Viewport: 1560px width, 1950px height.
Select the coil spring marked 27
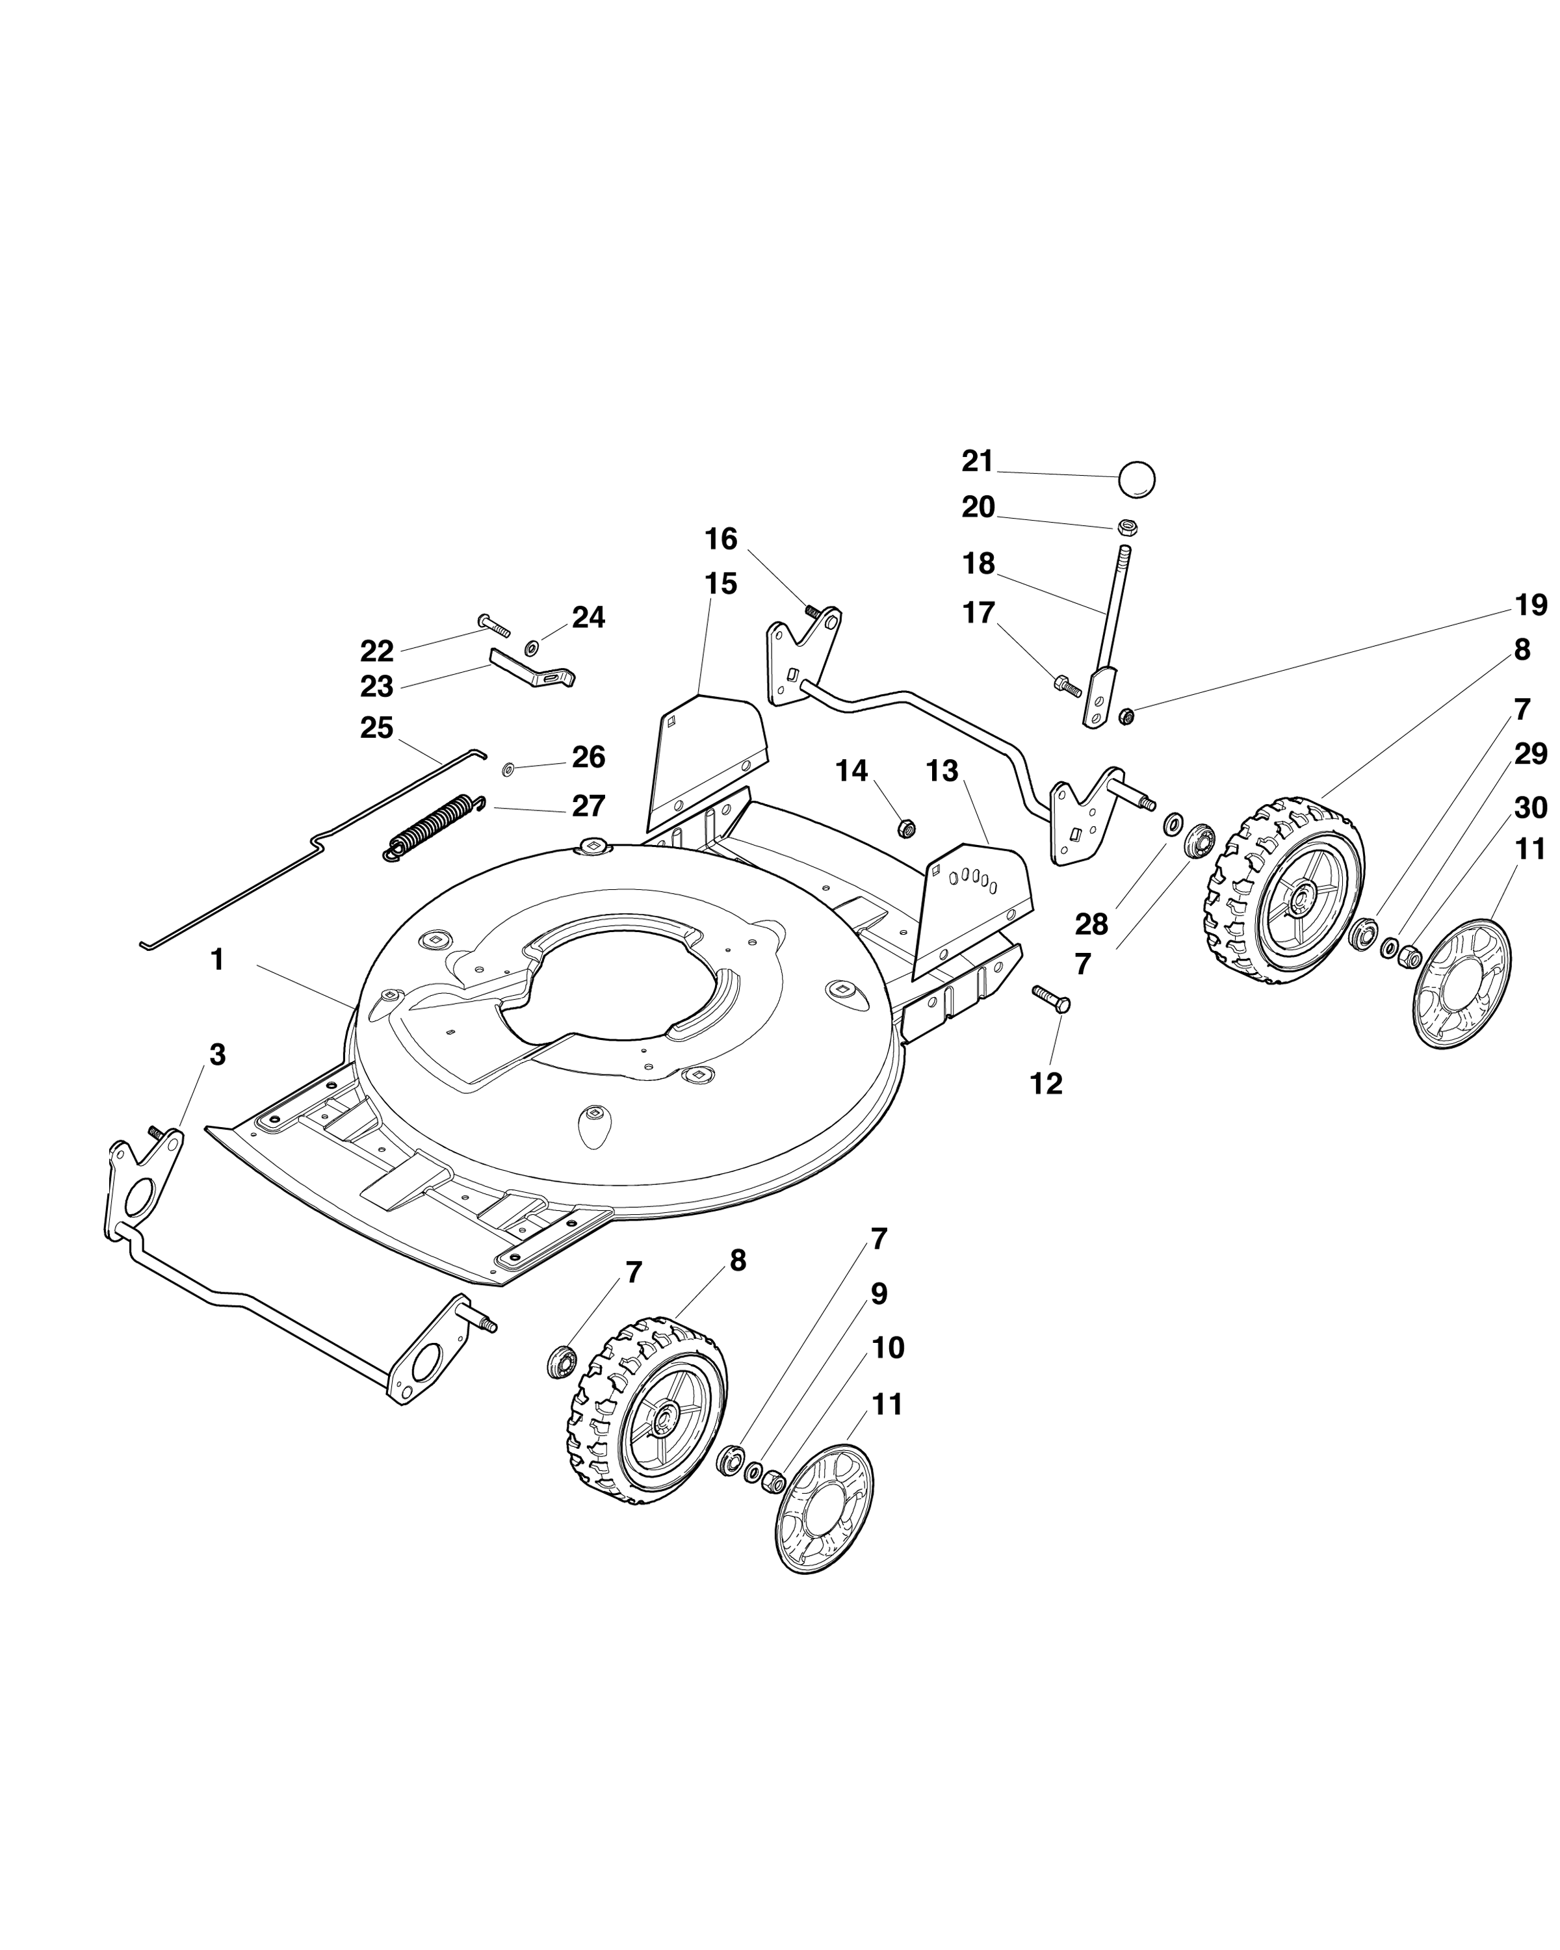[434, 827]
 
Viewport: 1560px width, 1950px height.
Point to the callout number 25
[377, 727]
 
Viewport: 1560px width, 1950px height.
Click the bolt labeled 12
[1052, 998]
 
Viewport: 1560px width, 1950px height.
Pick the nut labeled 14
[905, 827]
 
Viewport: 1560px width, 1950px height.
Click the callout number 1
[217, 959]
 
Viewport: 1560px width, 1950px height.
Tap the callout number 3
[217, 1054]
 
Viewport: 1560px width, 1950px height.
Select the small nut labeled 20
[1127, 526]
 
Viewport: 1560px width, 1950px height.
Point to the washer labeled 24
[532, 647]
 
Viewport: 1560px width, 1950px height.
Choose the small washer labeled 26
[508, 769]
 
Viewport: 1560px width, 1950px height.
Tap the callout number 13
[942, 772]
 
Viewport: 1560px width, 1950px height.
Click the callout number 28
[1091, 924]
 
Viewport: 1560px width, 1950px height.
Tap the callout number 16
[721, 539]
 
